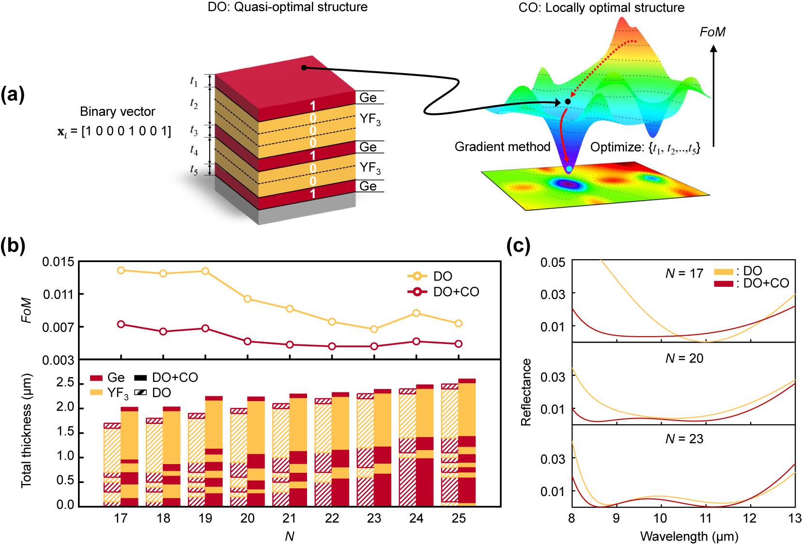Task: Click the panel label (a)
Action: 13,94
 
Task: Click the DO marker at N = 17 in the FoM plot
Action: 121,270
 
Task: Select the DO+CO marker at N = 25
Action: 459,344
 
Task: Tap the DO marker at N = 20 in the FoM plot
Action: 247,299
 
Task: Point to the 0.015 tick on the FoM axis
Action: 58,262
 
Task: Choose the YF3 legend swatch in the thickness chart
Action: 96,392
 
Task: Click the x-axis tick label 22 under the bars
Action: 332,518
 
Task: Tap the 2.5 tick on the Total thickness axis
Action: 65,383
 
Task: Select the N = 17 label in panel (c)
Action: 684,274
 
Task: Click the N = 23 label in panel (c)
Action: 684,439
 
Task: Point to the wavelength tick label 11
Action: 705,518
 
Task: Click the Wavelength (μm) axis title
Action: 689,536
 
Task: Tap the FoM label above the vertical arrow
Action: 712,32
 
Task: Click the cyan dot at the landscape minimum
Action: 569,169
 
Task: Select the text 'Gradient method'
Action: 502,147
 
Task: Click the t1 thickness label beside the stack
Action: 194,81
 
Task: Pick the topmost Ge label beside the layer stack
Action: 368,97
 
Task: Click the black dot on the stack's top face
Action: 304,67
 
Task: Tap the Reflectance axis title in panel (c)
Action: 526,392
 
